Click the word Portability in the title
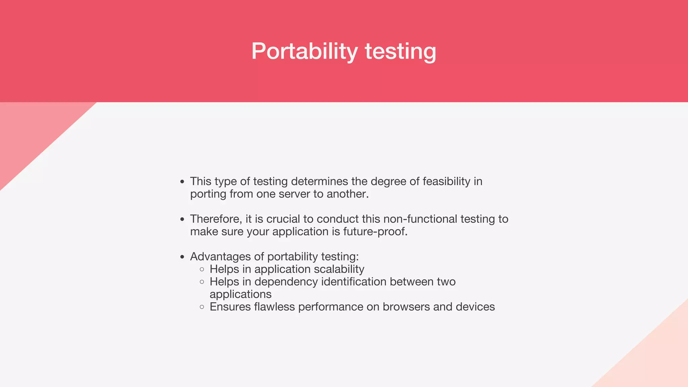click(x=304, y=51)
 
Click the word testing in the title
click(x=400, y=51)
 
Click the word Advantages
click(x=220, y=257)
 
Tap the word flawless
click(x=274, y=307)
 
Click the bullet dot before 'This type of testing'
click(x=182, y=182)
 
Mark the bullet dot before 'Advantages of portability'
click(x=182, y=257)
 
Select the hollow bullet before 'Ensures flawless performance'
click(x=202, y=307)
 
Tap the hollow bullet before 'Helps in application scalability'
click(x=202, y=269)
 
